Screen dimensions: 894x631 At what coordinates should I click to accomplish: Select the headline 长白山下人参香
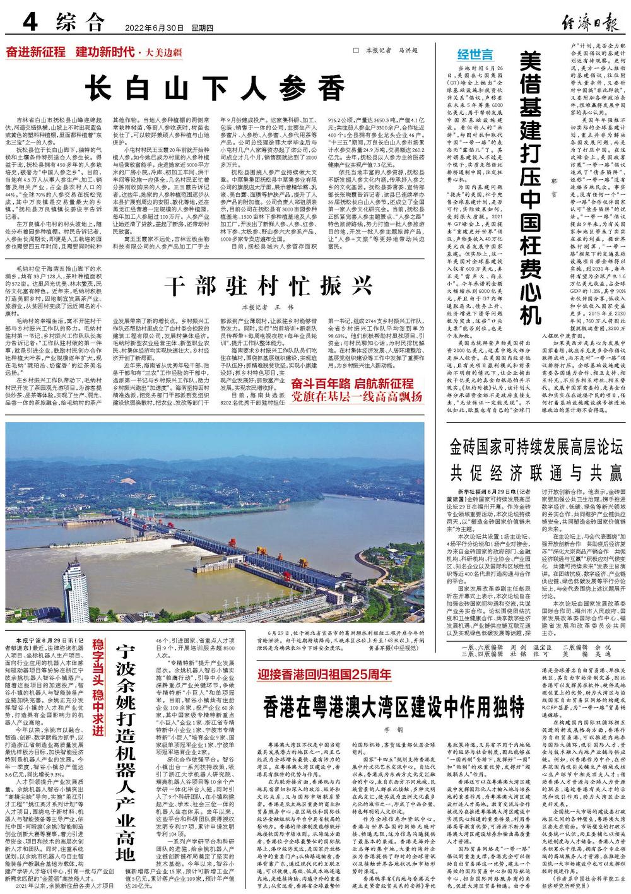click(x=216, y=86)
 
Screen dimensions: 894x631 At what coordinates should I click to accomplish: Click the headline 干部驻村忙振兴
click(x=266, y=286)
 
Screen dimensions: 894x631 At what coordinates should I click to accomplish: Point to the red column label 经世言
click(x=475, y=54)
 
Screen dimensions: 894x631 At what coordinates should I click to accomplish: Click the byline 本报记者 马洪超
click(x=392, y=51)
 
